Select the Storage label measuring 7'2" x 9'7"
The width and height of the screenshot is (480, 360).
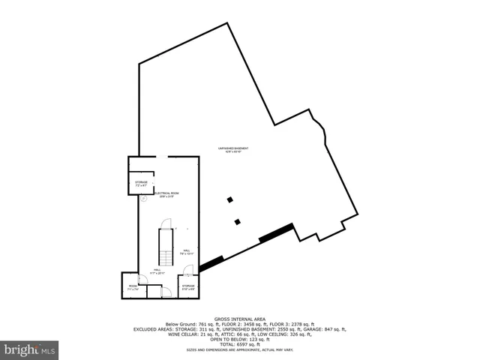[x=141, y=183]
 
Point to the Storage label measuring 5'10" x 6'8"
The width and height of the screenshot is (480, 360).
[x=188, y=286]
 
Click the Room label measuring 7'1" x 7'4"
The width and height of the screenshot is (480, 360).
[x=132, y=286]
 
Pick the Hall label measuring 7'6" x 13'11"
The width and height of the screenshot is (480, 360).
[x=186, y=253]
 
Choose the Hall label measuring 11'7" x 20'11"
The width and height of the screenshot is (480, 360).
[x=157, y=271]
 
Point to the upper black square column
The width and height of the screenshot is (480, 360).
[x=230, y=199]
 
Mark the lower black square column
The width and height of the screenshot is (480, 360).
[x=238, y=221]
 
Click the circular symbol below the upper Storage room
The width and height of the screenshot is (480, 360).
[x=142, y=199]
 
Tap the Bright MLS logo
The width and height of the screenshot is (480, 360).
[x=30, y=349]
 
